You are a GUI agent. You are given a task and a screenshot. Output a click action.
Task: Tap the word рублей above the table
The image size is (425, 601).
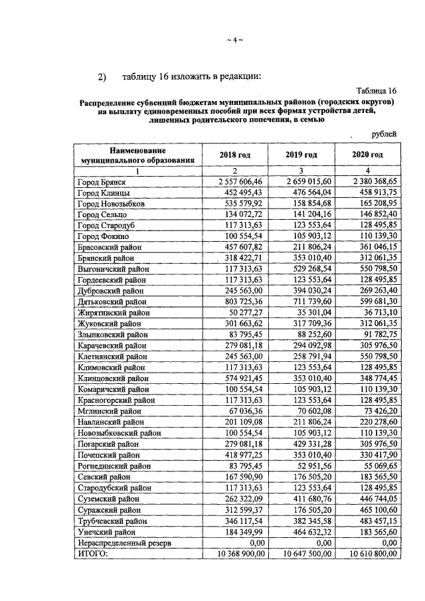384,135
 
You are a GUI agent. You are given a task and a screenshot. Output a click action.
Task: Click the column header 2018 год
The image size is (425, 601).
235,155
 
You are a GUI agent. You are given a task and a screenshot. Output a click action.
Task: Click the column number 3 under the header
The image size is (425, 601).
301,170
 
